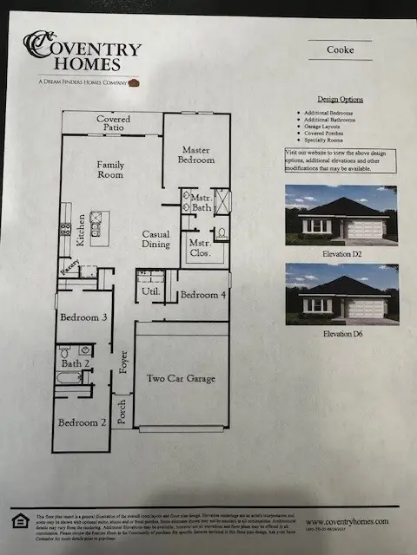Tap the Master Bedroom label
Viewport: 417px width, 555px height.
click(x=196, y=154)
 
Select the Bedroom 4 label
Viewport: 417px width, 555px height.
click(x=202, y=295)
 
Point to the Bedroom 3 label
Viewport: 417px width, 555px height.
click(x=83, y=317)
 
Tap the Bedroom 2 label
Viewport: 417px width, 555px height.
click(x=83, y=422)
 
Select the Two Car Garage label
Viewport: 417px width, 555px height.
click(x=180, y=378)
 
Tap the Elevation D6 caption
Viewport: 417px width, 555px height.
click(x=341, y=333)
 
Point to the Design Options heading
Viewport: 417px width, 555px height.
click(x=341, y=100)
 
